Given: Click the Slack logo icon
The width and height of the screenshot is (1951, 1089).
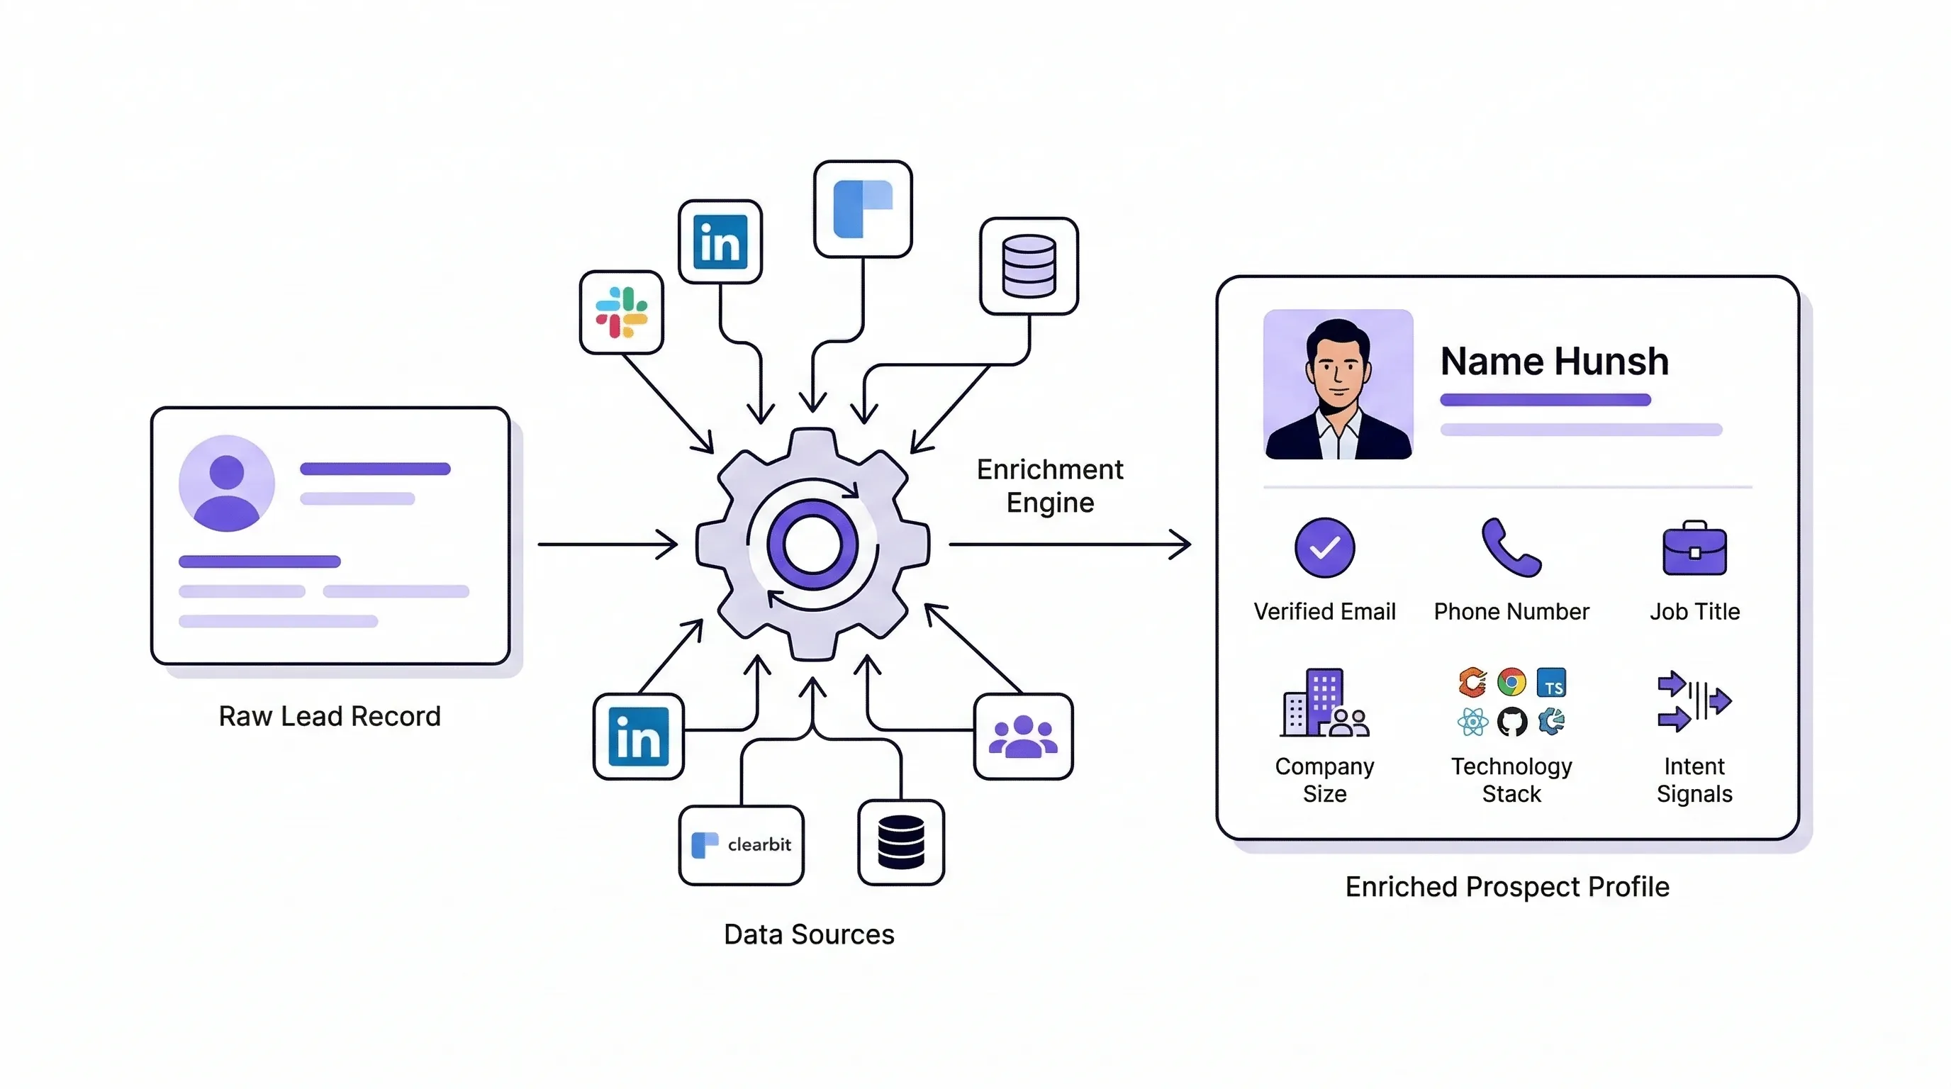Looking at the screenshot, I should tap(621, 312).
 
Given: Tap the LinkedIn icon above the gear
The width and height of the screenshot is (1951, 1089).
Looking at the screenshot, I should tap(720, 242).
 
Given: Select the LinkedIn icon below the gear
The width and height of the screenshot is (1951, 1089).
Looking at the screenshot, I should tap(639, 736).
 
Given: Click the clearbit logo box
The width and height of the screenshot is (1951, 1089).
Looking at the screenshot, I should tap(741, 844).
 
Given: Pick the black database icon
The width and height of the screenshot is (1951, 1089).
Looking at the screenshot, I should tap(900, 842).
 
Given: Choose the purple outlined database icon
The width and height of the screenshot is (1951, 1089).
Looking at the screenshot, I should tap(1029, 266).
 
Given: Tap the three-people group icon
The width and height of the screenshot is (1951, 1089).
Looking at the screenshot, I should tap(1022, 736).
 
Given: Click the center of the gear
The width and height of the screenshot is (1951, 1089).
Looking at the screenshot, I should tap(812, 544).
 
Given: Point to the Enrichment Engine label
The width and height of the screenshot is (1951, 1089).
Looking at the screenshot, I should tap(1050, 486).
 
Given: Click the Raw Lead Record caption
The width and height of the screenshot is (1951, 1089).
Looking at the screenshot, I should tap(330, 715).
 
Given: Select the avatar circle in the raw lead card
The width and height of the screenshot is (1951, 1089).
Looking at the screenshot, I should tap(226, 483).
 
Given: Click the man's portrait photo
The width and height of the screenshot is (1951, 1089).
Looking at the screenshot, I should tap(1338, 385).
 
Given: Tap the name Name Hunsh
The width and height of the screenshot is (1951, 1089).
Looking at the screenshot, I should tap(1554, 362).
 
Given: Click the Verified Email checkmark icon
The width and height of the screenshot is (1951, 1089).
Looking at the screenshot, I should tap(1324, 547).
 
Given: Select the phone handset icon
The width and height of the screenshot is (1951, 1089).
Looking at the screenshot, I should tap(1510, 547).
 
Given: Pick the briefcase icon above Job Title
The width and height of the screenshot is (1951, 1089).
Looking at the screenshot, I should tap(1694, 548).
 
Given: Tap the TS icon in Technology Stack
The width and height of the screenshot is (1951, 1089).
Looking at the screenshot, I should tap(1551, 683).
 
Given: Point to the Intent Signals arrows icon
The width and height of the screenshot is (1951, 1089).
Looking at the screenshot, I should tap(1694, 701).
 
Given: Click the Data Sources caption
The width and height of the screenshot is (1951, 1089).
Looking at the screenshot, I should tap(809, 934).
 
